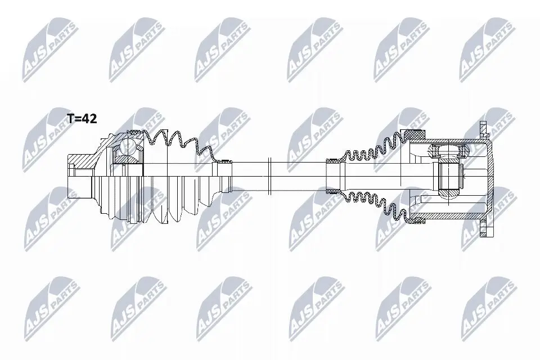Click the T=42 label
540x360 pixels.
pyautogui.click(x=82, y=119)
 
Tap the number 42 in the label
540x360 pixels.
pyautogui.click(x=90, y=119)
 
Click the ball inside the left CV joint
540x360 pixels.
pyautogui.click(x=128, y=146)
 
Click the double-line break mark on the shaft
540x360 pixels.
pyautogui.click(x=269, y=175)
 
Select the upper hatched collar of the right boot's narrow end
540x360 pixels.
pyautogui.click(x=332, y=160)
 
